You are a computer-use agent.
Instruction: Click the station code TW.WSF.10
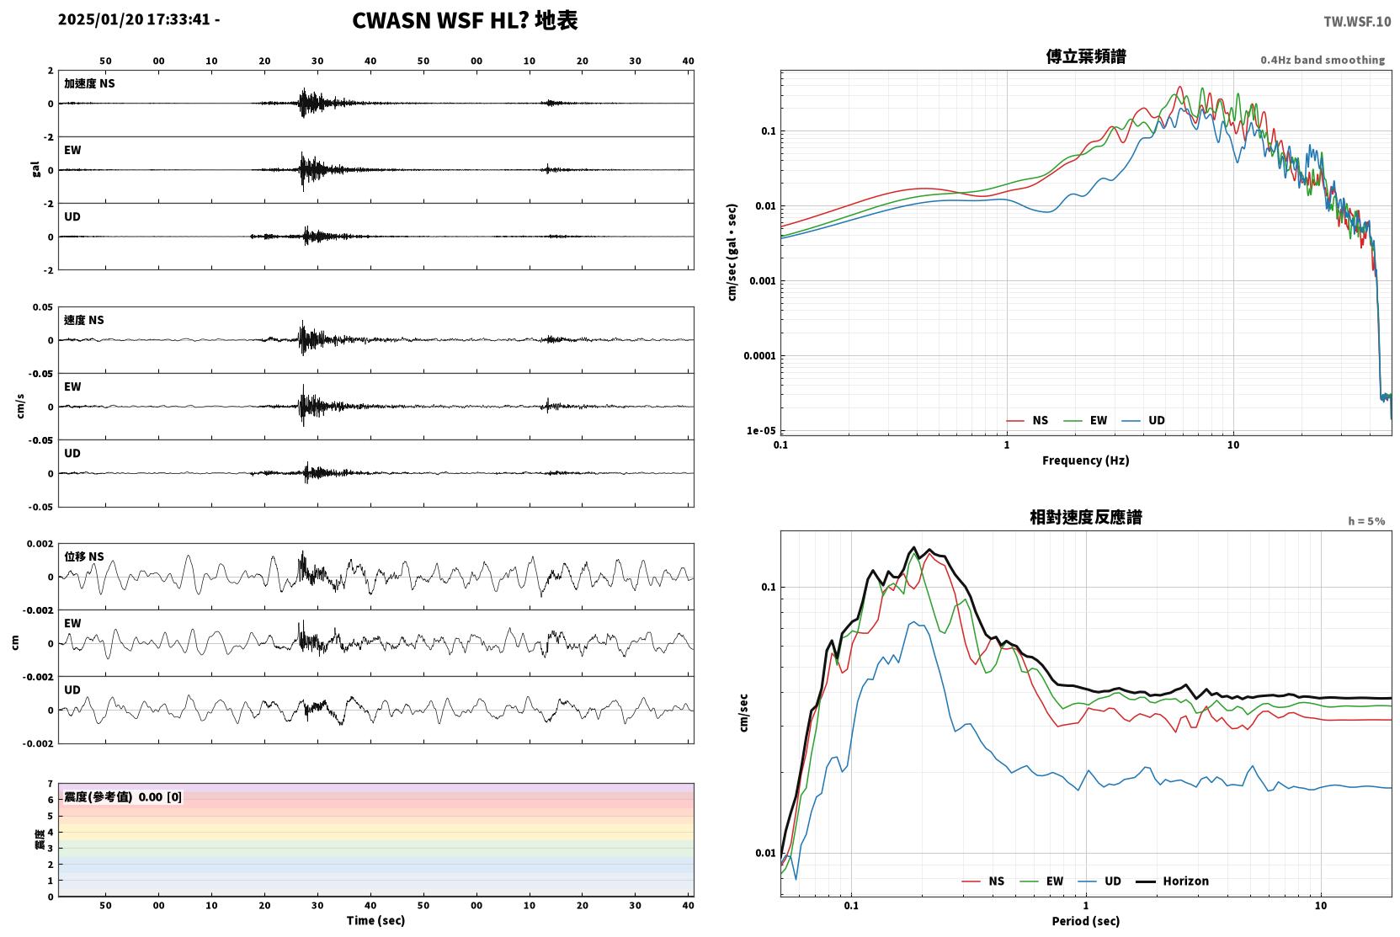point(1357,21)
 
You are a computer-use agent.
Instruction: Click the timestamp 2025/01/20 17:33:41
point(134,19)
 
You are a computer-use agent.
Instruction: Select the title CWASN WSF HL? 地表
point(465,20)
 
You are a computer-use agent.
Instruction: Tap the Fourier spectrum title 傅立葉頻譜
point(1086,56)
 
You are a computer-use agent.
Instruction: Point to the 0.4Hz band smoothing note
point(1323,60)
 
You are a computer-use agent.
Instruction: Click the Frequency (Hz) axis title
point(1086,461)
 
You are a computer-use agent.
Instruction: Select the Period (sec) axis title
point(1086,921)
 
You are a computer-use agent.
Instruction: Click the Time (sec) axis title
point(375,920)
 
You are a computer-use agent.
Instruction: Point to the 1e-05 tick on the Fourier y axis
point(761,431)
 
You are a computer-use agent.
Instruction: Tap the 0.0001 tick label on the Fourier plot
point(759,355)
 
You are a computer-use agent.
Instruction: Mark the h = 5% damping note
point(1366,520)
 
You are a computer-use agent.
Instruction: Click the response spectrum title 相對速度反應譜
point(1086,517)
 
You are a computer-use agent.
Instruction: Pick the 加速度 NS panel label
point(89,83)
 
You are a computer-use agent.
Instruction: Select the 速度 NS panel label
point(83,320)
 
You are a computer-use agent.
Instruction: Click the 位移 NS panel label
point(83,556)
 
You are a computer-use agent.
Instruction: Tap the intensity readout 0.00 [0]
point(160,797)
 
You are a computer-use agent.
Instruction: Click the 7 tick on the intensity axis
point(51,784)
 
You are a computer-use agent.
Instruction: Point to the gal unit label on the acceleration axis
point(35,169)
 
